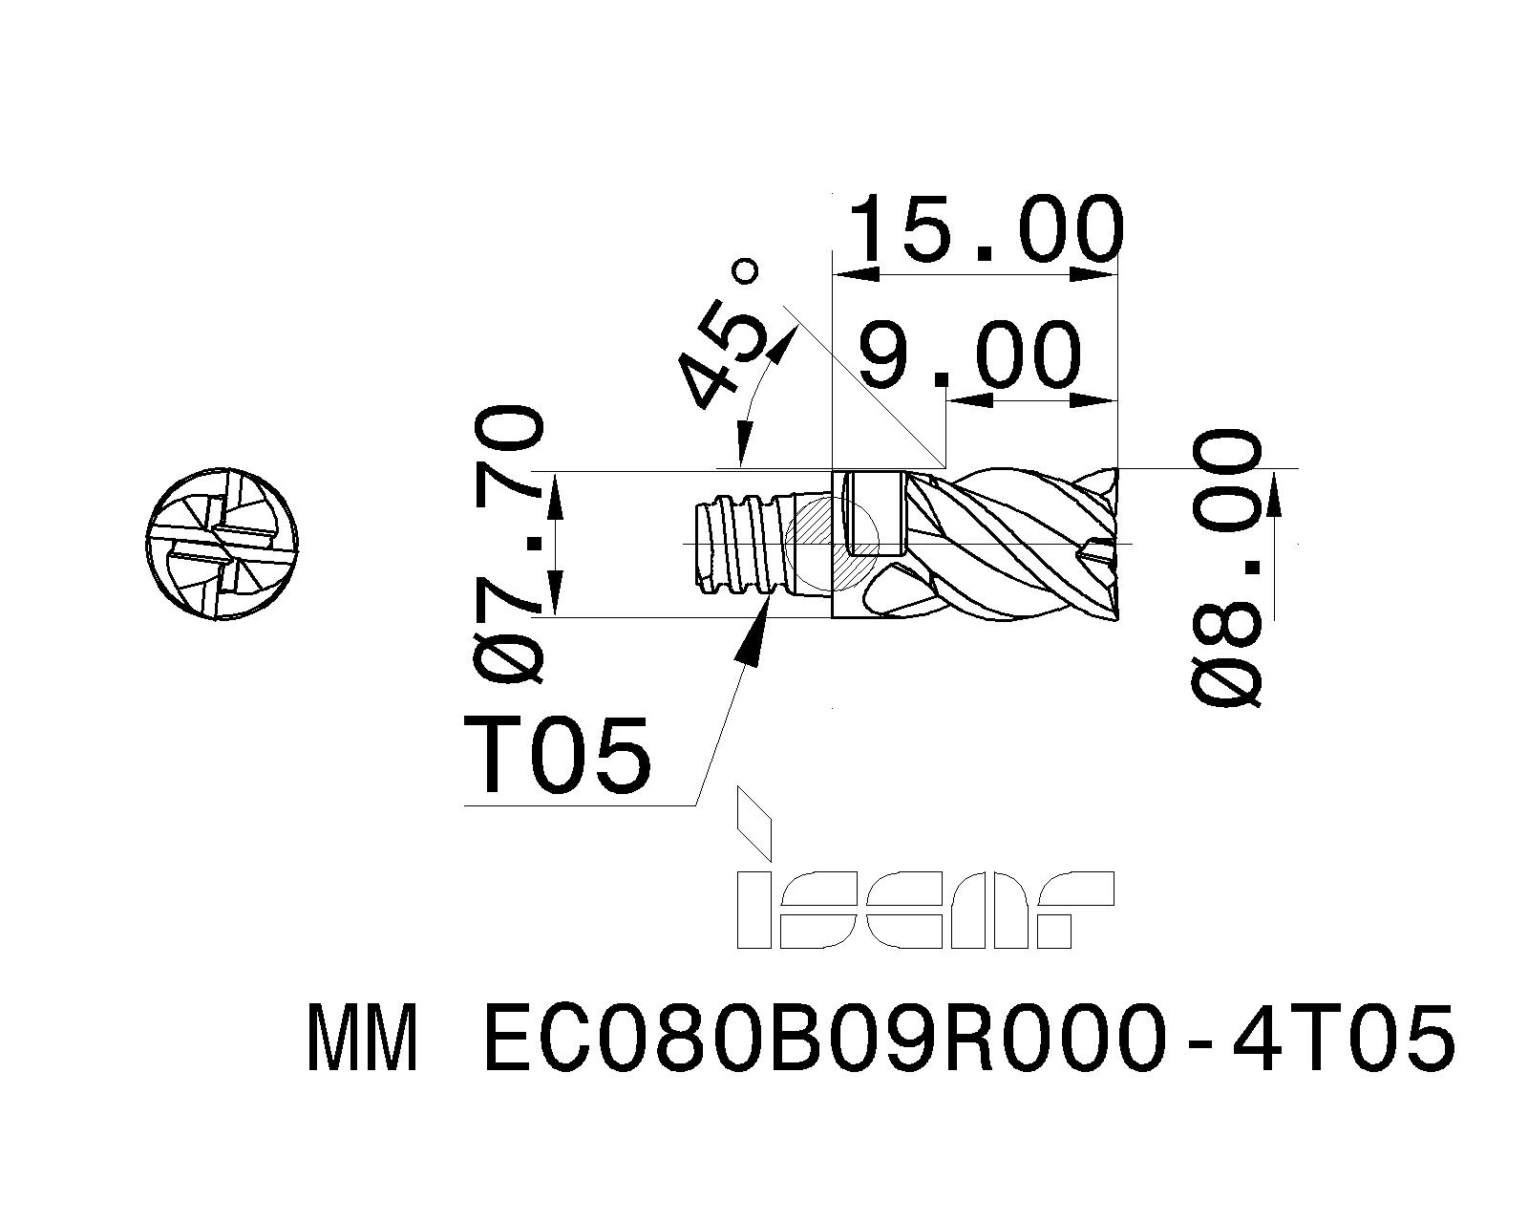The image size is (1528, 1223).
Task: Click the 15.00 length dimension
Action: [987, 229]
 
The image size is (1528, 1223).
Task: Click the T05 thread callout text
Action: [558, 754]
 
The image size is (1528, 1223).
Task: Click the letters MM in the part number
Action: [361, 1038]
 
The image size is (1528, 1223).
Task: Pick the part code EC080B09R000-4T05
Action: [968, 1038]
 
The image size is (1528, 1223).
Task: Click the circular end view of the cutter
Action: [223, 545]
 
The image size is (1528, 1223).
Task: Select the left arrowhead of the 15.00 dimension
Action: [857, 276]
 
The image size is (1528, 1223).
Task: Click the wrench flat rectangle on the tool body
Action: [877, 514]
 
